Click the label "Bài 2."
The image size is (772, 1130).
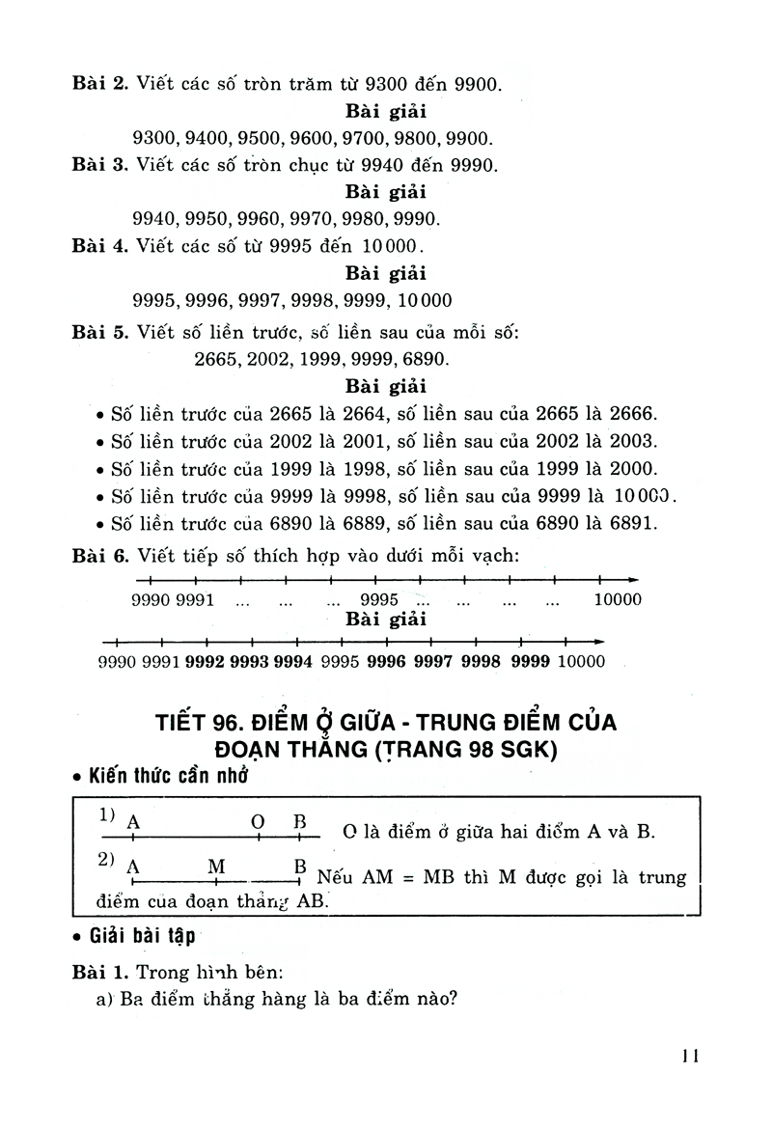coord(100,84)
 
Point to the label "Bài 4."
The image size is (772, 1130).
coord(100,245)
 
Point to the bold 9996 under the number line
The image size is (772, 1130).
coord(386,662)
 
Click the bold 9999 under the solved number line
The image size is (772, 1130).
coord(530,662)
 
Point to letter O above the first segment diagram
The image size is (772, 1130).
coord(258,822)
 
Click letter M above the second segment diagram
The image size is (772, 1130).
coord(216,866)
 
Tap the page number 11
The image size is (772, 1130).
coord(689,1056)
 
